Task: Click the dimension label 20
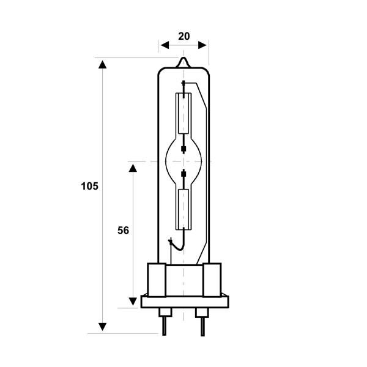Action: [184, 37]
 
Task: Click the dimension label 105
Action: [90, 187]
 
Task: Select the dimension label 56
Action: [123, 231]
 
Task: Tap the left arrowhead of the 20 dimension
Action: [165, 45]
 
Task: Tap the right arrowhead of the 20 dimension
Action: [202, 45]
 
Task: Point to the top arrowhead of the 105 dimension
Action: [102, 65]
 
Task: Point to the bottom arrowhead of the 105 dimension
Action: [102, 327]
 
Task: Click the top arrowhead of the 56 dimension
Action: [133, 168]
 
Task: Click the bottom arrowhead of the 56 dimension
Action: [133, 302]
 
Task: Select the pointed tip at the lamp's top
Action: [183, 58]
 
